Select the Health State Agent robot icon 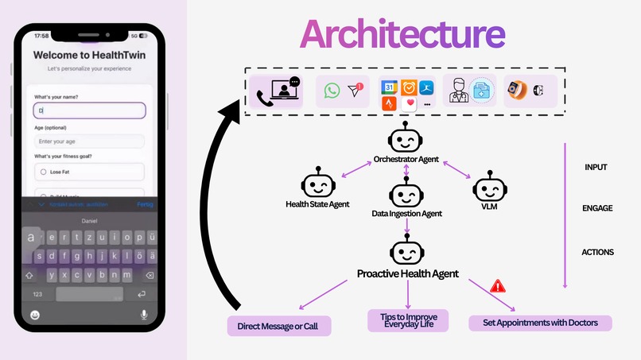click(x=318, y=184)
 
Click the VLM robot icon click(x=486, y=189)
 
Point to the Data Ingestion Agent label click(x=406, y=214)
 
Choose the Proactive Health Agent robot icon click(x=406, y=251)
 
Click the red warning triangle click(x=499, y=285)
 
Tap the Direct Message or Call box click(x=278, y=326)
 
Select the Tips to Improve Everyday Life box click(x=408, y=321)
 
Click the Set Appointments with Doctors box click(x=540, y=323)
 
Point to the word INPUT click(x=596, y=168)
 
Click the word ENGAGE click(x=597, y=208)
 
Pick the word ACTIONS click(x=597, y=252)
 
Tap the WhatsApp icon click(x=332, y=91)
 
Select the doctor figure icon click(x=459, y=91)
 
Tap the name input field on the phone click(x=89, y=111)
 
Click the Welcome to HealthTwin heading click(x=89, y=56)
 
